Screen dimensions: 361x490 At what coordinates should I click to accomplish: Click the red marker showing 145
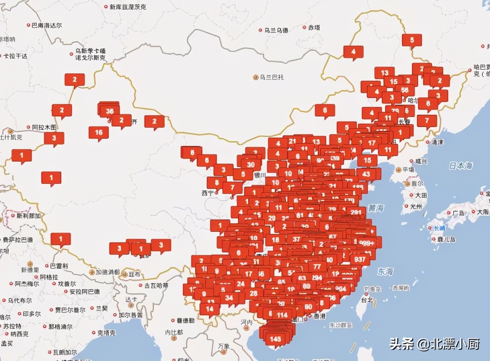point(275,339)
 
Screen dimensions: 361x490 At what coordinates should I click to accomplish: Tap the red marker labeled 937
point(360,259)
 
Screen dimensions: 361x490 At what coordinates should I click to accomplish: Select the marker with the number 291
point(356,212)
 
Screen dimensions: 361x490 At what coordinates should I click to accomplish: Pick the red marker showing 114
point(282,315)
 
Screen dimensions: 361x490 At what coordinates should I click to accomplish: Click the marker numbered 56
point(405,91)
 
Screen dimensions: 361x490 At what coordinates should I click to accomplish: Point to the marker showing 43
point(366,174)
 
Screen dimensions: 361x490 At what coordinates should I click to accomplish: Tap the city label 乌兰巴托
point(272,77)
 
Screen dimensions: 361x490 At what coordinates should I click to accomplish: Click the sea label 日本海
point(461,166)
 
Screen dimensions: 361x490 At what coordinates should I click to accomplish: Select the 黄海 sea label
point(376,208)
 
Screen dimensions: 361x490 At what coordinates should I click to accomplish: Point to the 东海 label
point(385,272)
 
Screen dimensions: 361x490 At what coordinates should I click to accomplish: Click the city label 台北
point(367,300)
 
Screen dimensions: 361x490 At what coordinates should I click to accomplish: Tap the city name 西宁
point(208,193)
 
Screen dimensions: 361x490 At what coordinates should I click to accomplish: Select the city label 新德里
point(30,269)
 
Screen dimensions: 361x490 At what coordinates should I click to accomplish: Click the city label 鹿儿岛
point(446,239)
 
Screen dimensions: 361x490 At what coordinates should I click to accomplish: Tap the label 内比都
point(174,332)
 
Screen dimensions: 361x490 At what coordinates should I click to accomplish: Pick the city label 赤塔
point(314,28)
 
